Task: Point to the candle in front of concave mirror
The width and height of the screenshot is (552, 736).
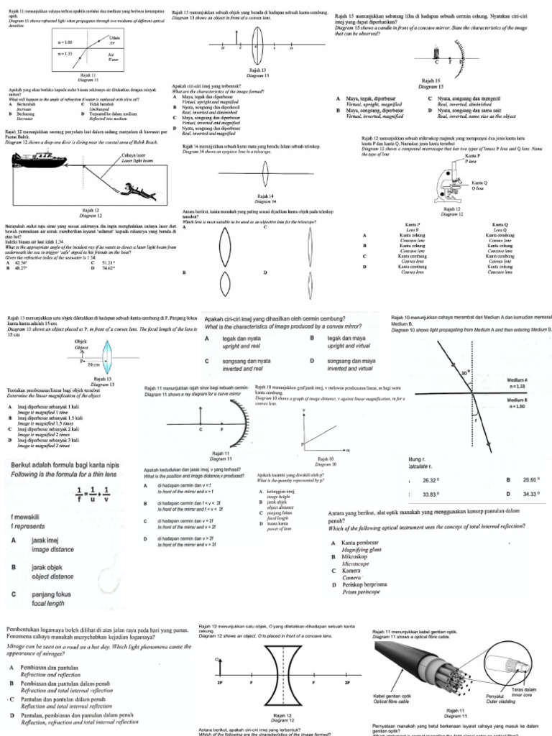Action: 436,52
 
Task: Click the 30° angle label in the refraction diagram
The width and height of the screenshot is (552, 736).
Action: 465,373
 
